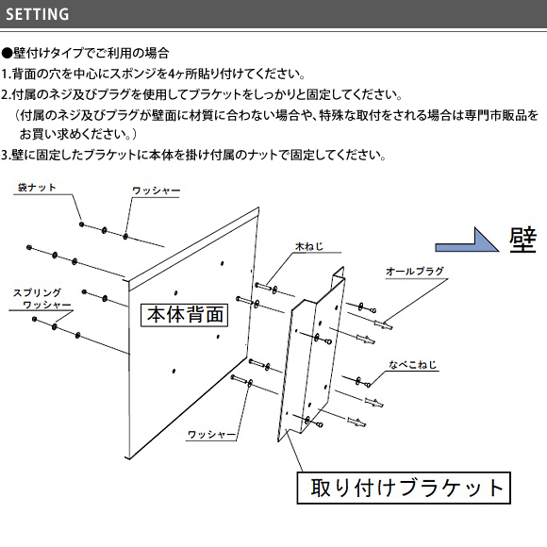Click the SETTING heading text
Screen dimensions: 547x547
click(38, 14)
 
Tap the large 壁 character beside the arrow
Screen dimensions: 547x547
click(522, 240)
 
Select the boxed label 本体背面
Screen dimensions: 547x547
click(184, 315)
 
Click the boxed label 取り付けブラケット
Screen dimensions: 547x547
click(404, 488)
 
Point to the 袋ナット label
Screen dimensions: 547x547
click(37, 188)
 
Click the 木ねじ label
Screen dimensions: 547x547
click(309, 246)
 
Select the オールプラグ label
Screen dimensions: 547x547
click(415, 271)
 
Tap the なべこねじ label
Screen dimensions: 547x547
click(413, 365)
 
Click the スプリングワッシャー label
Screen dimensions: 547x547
click(41, 299)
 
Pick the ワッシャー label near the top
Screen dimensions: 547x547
click(156, 191)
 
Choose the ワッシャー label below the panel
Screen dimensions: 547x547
click(211, 435)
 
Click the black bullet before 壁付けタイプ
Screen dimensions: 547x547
click(7, 54)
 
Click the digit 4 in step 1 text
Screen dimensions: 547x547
click(172, 74)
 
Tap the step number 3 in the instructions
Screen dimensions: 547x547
click(4, 155)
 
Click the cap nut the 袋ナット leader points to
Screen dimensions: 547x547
click(82, 224)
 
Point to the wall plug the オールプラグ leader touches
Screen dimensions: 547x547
click(383, 325)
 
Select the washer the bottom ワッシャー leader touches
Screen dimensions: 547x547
click(250, 383)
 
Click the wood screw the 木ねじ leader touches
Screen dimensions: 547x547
click(264, 287)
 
